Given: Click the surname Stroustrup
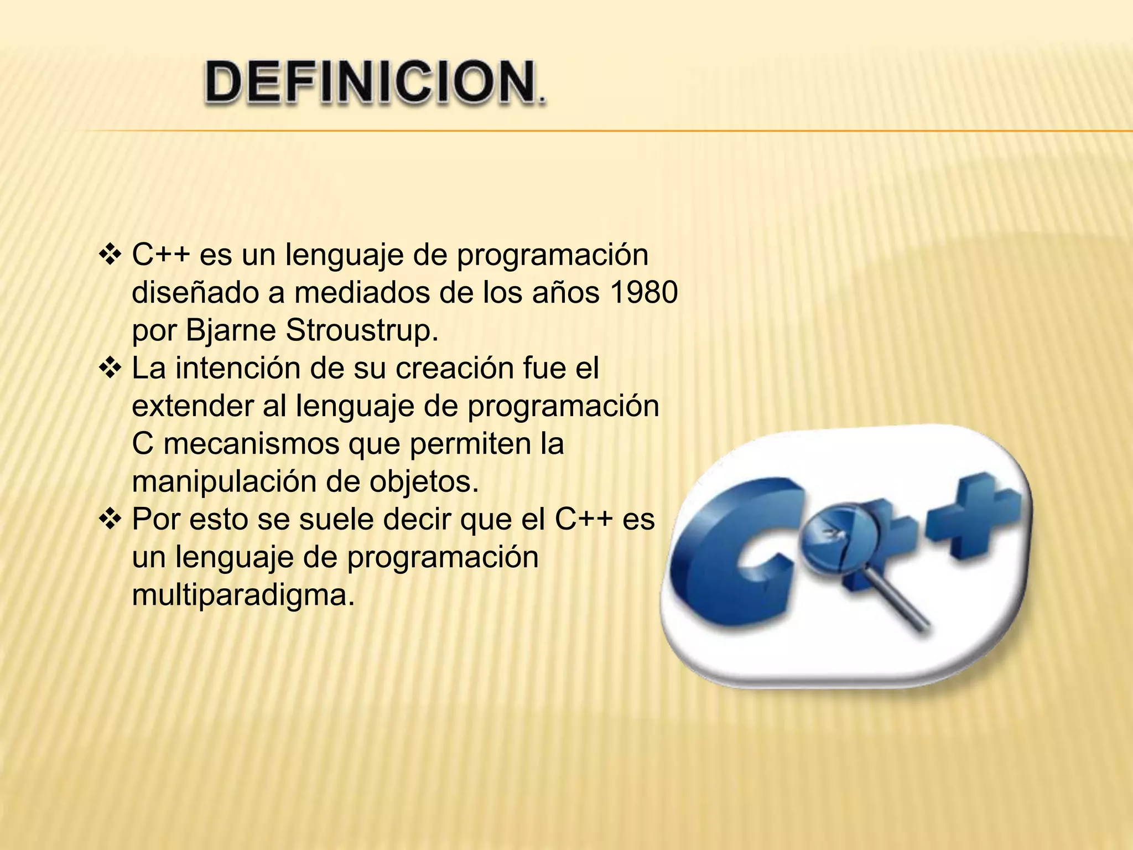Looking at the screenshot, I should (362, 330).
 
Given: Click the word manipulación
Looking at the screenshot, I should (224, 481).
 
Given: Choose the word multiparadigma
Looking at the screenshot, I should (243, 595).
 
